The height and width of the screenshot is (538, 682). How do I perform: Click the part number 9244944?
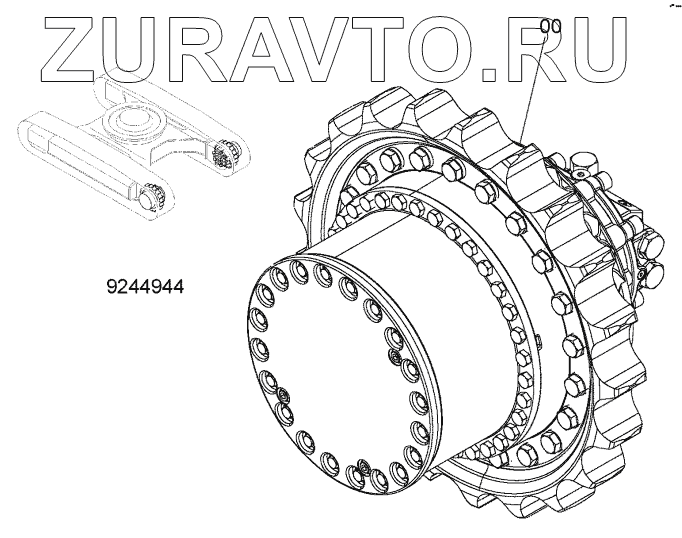[145, 287]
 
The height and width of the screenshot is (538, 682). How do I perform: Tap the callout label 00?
[550, 27]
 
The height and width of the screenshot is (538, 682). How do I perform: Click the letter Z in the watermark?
[69, 50]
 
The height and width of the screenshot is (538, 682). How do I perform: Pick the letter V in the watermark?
[323, 50]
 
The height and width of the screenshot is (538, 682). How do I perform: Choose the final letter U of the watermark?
[598, 50]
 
